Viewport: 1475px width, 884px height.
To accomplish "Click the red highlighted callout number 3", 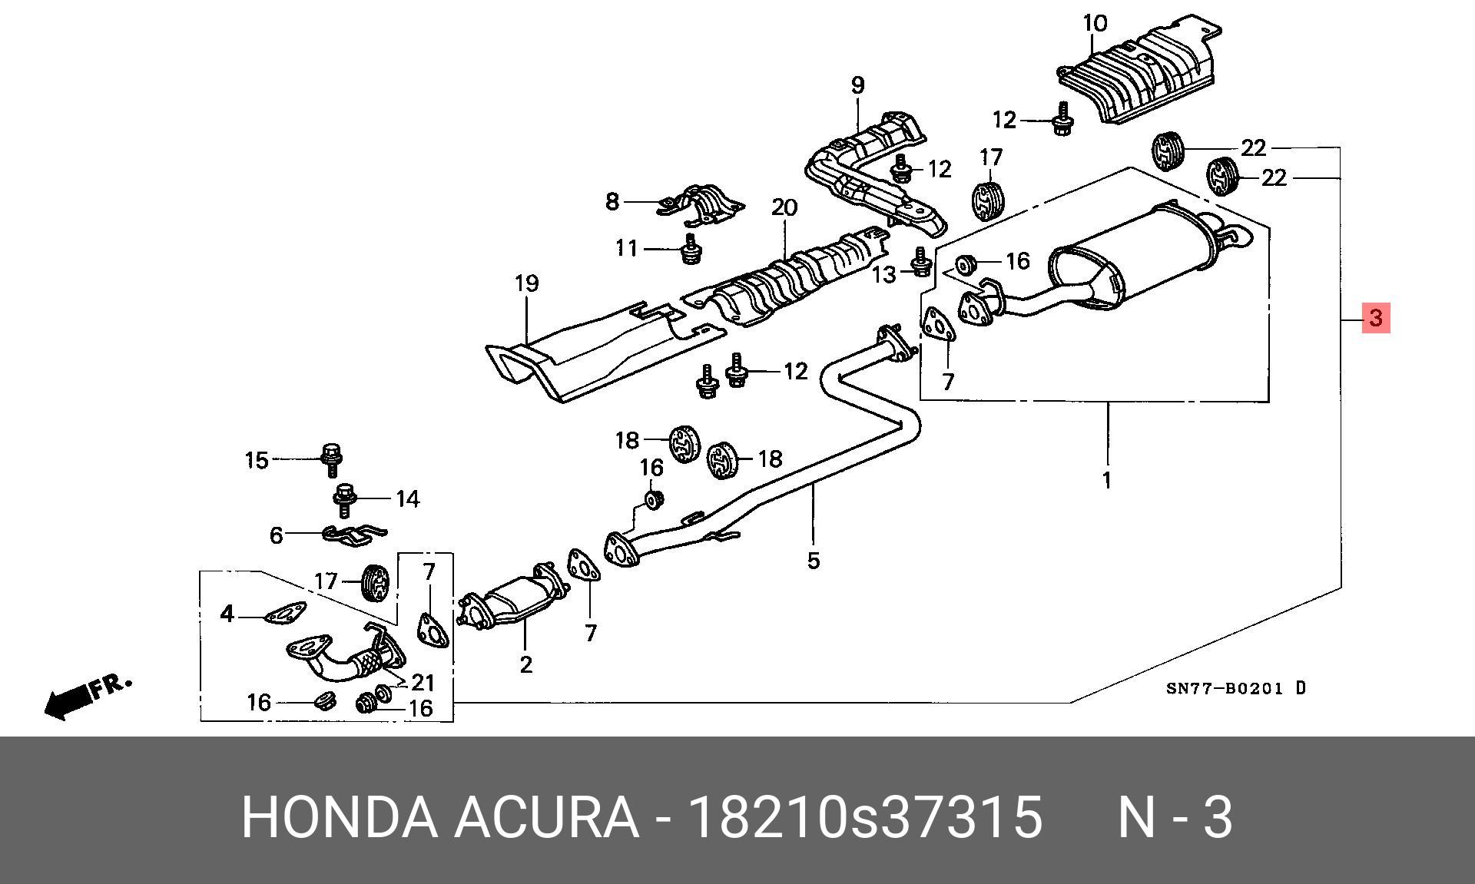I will (1376, 317).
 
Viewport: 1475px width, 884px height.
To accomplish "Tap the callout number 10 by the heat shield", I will (1095, 24).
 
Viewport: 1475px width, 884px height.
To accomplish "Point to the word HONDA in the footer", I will (339, 816).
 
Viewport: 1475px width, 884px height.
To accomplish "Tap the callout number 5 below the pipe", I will (814, 561).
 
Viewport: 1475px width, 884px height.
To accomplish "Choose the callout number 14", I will (407, 499).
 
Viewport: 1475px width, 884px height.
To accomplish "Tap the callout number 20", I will (784, 207).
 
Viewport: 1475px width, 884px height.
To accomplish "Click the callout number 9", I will (857, 85).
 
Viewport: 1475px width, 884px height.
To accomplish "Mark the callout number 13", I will (884, 273).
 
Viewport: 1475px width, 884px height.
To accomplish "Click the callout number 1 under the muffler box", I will (1106, 481).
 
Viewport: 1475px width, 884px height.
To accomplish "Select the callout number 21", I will (423, 682).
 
